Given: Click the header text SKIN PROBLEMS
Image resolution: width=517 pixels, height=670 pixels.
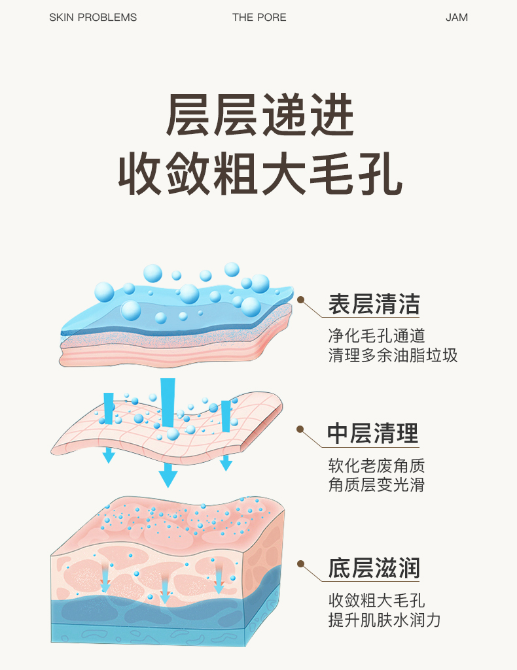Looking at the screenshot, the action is [93, 18].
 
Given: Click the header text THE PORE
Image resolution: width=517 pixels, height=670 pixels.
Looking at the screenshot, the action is [259, 18].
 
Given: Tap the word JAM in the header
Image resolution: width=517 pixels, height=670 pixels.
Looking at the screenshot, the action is [457, 18].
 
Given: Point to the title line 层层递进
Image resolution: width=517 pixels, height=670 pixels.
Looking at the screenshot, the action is [260, 115].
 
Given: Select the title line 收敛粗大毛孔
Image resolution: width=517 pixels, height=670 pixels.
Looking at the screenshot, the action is [260, 173].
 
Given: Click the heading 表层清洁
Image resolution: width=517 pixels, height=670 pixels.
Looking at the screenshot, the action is [374, 304].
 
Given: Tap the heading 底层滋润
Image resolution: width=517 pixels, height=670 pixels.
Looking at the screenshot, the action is [374, 567].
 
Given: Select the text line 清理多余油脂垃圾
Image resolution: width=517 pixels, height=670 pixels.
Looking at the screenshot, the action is [393, 356].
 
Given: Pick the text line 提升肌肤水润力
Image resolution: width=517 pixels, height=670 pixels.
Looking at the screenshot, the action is [384, 620].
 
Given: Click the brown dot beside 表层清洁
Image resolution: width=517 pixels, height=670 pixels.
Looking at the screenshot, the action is [301, 300].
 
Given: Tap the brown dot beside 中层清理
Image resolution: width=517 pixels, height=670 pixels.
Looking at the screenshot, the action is [300, 429].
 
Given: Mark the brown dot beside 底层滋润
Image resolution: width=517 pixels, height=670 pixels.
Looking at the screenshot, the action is [301, 563].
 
